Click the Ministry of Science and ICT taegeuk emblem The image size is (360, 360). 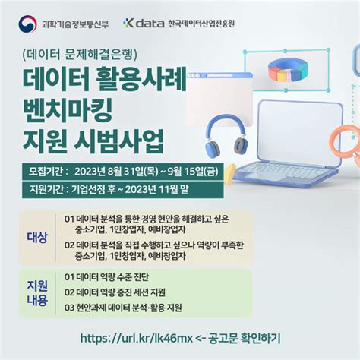coord(28,23)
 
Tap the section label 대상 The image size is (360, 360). coord(37,237)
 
